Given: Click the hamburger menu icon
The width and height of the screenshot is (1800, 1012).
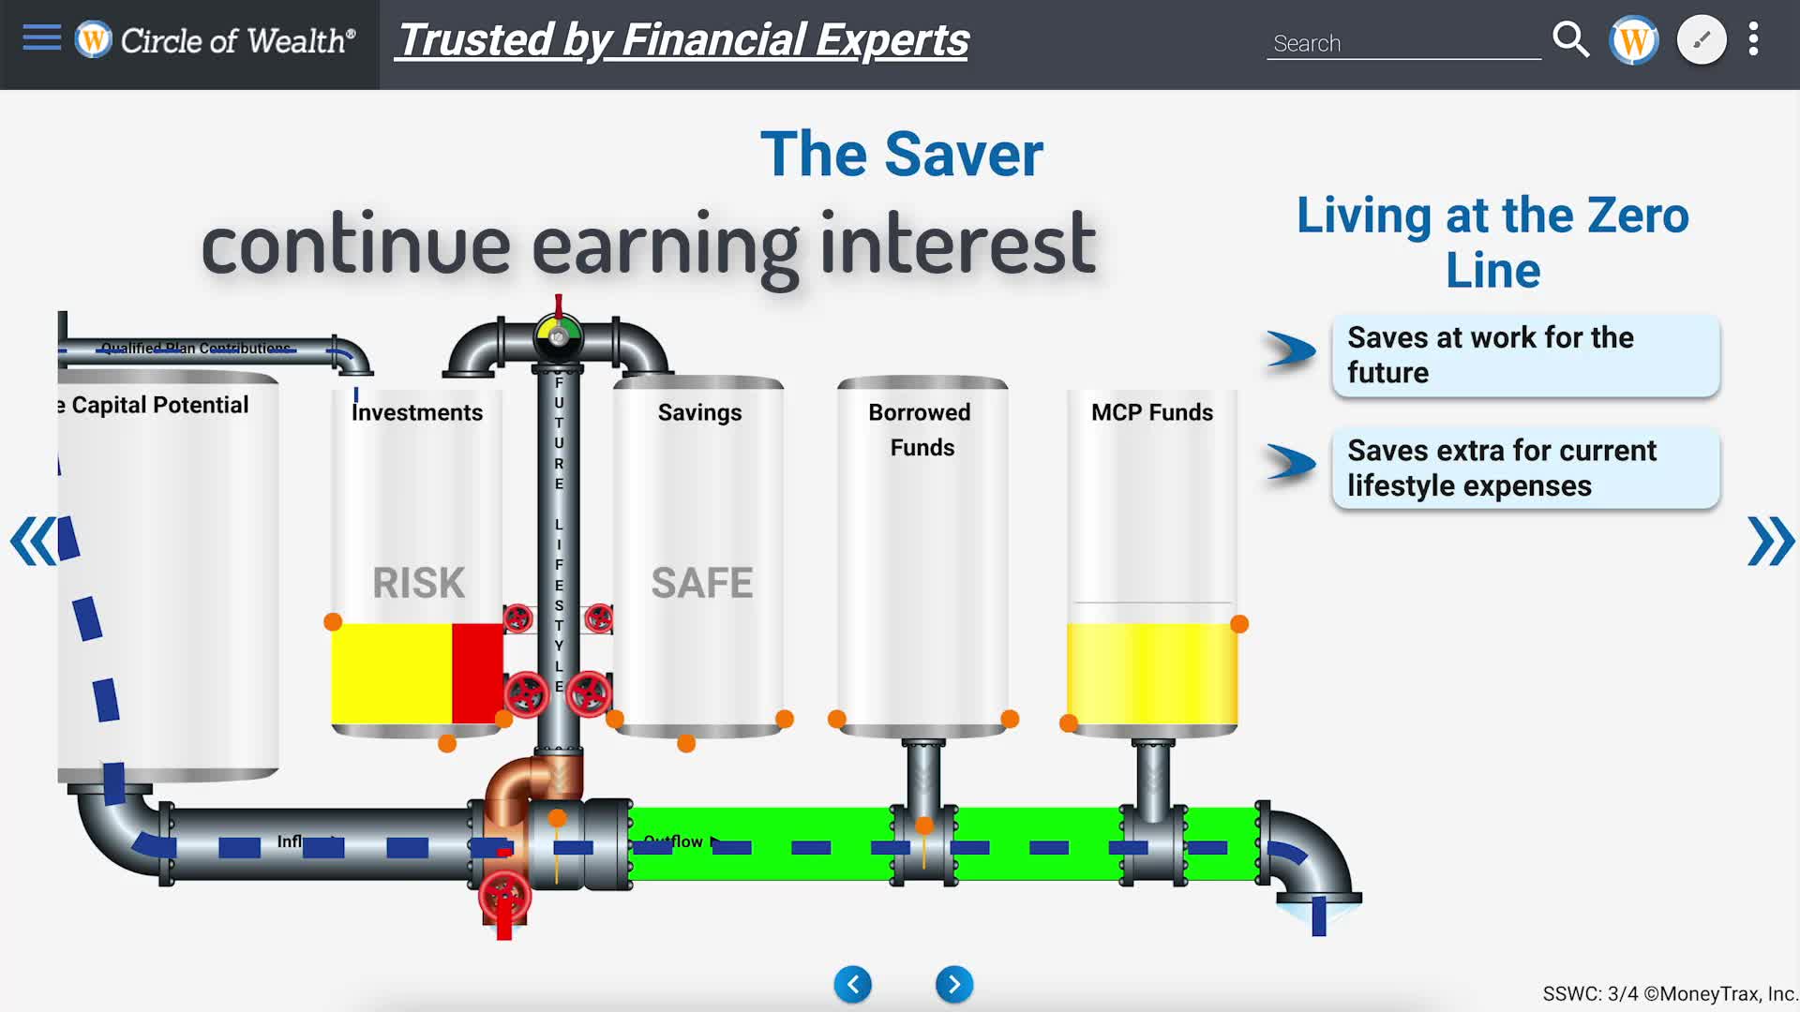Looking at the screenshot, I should [41, 38].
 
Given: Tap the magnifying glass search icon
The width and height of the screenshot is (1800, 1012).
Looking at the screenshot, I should [1570, 40].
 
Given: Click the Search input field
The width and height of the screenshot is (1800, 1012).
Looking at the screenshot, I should [1402, 43].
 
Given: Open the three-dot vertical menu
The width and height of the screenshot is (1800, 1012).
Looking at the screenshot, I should [1753, 40].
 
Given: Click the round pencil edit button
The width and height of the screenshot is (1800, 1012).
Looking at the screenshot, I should [1701, 40].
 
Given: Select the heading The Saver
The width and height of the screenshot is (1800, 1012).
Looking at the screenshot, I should [901, 155].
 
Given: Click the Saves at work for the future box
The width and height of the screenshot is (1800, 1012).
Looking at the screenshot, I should [1525, 355].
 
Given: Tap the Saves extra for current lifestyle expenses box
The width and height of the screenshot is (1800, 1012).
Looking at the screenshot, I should [1525, 469].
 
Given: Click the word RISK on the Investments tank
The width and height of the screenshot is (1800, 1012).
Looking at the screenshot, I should [418, 583].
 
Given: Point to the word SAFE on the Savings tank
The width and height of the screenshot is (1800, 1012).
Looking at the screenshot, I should [701, 583].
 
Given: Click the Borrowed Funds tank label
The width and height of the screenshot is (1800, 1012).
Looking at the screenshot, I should [921, 429].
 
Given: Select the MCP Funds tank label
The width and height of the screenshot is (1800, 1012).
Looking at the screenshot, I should [1151, 412].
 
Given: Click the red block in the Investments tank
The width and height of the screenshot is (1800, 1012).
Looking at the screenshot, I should [477, 673].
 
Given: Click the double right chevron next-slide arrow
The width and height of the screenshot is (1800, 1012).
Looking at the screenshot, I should [1770, 541].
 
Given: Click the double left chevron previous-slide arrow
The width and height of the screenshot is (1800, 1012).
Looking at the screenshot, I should [33, 541].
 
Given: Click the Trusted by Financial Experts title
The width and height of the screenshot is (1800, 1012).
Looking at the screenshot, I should [682, 40].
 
